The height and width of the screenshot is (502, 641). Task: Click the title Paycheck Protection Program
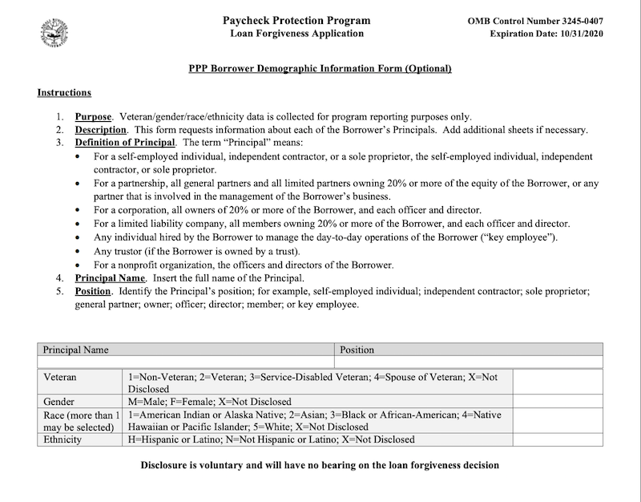click(x=296, y=20)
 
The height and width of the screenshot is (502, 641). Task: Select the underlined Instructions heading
click(x=64, y=93)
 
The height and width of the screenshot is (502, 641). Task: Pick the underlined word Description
click(x=101, y=130)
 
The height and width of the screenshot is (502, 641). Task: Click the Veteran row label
click(x=60, y=376)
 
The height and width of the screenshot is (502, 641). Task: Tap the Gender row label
click(x=59, y=401)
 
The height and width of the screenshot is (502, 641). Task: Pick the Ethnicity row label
click(x=62, y=439)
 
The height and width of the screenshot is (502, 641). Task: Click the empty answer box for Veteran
click(x=558, y=382)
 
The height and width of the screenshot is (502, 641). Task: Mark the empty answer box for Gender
click(x=558, y=401)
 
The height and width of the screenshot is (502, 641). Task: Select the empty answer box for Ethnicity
click(x=558, y=439)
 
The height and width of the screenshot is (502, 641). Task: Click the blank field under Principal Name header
click(x=186, y=362)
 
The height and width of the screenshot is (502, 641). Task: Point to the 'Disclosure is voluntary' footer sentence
click(x=320, y=465)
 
